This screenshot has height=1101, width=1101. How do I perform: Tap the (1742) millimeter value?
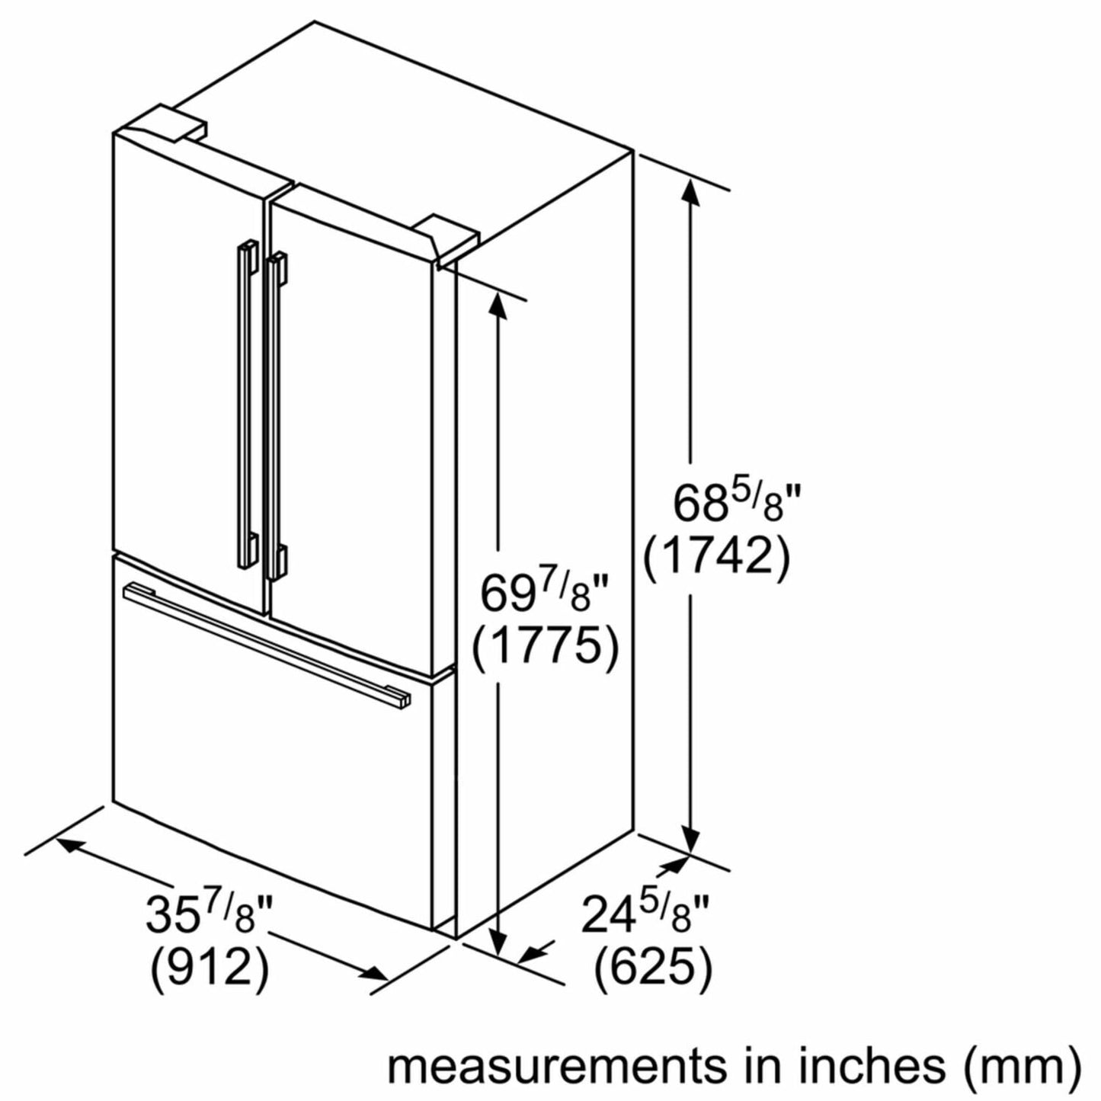[x=718, y=559]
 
